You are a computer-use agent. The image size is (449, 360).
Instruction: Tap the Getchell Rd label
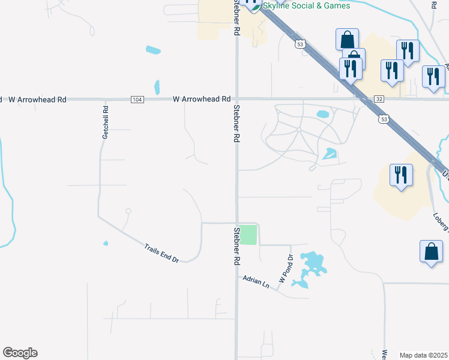[105, 123]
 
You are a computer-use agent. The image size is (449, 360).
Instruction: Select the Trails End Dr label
[161, 252]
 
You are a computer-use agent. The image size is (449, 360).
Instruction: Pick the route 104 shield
[137, 99]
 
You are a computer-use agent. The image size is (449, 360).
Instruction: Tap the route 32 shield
[378, 98]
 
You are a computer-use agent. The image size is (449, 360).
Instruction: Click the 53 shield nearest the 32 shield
[383, 119]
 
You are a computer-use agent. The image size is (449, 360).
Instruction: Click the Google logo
[20, 353]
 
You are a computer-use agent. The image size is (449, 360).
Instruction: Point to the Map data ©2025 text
[424, 355]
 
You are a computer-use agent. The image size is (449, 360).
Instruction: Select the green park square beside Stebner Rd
[249, 235]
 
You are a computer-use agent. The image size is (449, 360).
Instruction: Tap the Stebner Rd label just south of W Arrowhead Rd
[237, 124]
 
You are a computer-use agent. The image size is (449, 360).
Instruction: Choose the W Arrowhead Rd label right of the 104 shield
[202, 99]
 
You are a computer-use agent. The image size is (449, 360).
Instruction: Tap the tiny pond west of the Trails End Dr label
[106, 243]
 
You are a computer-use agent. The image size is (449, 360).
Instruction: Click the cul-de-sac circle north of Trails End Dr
[128, 211]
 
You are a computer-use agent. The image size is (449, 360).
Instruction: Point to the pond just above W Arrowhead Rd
[157, 88]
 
